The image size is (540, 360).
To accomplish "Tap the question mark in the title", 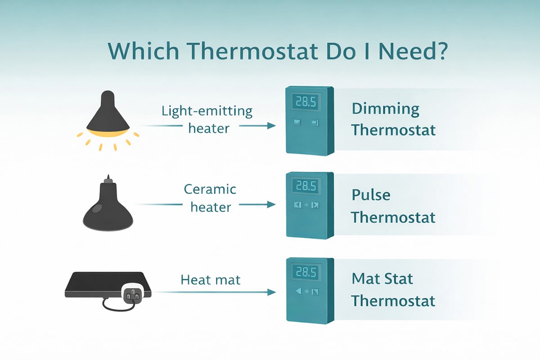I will point(438,52).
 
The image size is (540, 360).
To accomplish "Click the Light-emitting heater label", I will point(207,120).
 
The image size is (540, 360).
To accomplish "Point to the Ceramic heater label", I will point(210,198).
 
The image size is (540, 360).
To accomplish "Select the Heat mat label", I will point(211,280).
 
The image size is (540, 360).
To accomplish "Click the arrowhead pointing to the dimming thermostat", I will point(271,126).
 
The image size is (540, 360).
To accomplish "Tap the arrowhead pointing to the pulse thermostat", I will point(271,205).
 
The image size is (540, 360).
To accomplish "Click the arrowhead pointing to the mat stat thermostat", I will point(271,292).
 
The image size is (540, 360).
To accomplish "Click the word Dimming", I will point(385,109).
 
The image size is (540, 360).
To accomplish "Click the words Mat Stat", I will point(382,279).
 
